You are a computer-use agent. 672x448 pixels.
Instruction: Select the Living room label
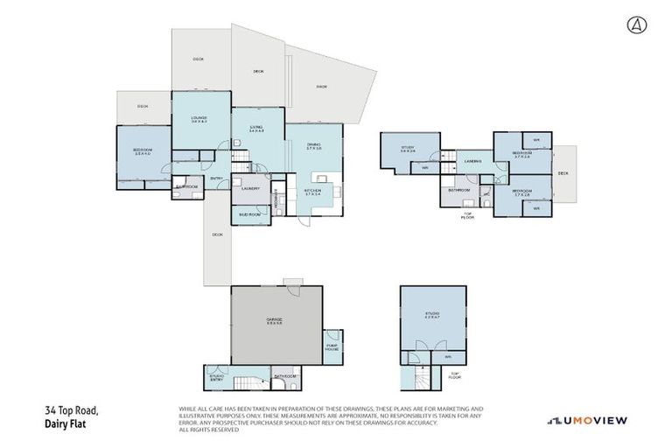256,129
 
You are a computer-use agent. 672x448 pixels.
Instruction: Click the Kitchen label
313,190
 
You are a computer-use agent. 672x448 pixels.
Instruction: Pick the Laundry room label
250,188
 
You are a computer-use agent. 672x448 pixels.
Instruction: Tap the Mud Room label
249,213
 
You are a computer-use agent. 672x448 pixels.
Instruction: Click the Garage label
274,321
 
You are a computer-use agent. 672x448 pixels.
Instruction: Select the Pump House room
332,346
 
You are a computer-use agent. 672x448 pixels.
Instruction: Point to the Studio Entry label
217,378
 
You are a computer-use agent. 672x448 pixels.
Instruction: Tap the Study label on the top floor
408,149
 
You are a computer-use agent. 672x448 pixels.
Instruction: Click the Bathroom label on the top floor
459,189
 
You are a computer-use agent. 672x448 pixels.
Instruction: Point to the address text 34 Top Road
72,410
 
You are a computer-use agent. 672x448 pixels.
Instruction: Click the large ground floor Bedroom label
143,151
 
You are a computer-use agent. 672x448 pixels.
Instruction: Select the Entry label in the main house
216,179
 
